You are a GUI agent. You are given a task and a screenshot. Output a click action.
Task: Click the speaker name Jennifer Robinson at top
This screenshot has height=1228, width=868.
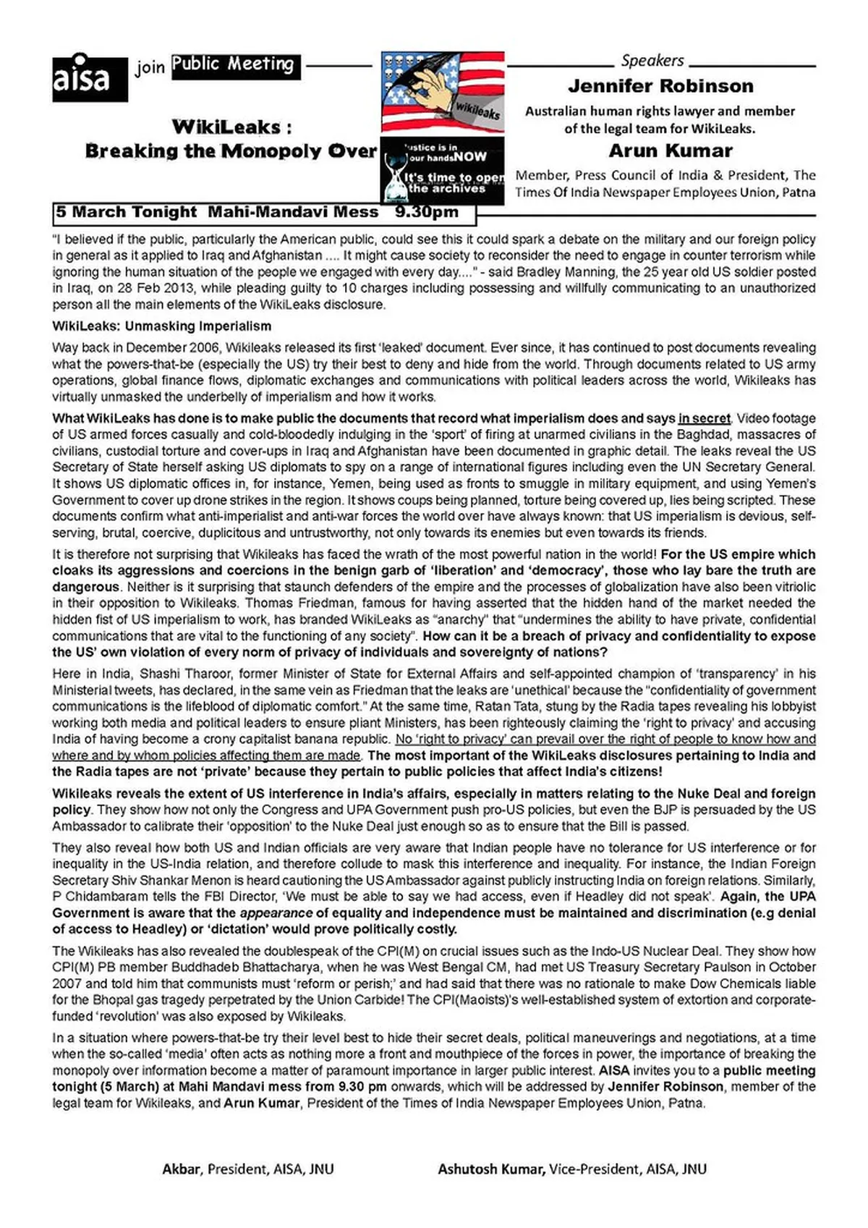tap(660, 86)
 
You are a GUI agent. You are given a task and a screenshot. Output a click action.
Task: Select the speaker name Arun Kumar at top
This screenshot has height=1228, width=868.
tap(671, 151)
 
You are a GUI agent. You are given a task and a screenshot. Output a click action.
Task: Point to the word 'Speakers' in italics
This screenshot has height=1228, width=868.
tap(652, 61)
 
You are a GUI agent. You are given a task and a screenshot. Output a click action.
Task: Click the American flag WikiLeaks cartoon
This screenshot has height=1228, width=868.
tap(442, 92)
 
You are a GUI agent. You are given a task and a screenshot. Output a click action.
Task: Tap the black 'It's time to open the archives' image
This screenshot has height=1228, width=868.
tap(442, 171)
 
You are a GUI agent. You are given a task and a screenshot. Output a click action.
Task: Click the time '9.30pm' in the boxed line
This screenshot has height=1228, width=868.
tap(427, 212)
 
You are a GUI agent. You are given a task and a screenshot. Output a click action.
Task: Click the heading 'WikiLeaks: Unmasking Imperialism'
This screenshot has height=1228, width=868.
tap(162, 326)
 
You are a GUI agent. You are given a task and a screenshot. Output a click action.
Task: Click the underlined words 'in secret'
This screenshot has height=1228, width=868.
tap(704, 418)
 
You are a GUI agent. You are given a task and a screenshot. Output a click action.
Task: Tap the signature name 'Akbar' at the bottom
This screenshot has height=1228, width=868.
tap(181, 1169)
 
